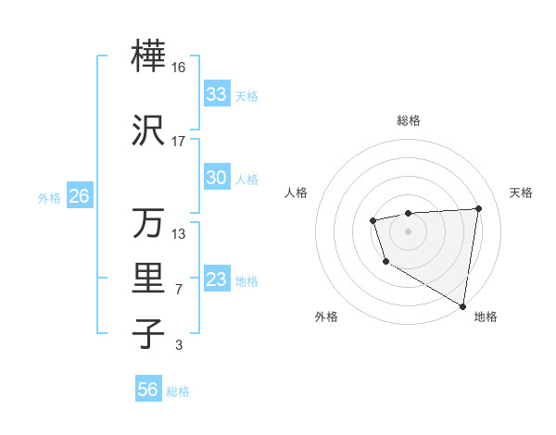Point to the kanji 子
point(148,332)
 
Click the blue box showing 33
point(216,94)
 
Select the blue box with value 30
point(216,179)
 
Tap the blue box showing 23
point(216,280)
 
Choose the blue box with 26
point(79,196)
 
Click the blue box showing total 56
point(148,390)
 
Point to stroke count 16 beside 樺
point(179,67)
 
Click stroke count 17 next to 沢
point(179,142)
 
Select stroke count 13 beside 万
point(179,233)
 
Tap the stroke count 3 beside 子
point(178,345)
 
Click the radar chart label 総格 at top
point(408,120)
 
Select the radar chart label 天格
point(521,193)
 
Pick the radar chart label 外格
point(325,317)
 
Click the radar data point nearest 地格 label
point(463,305)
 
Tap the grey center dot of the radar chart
point(408,230)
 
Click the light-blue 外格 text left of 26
point(49,197)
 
